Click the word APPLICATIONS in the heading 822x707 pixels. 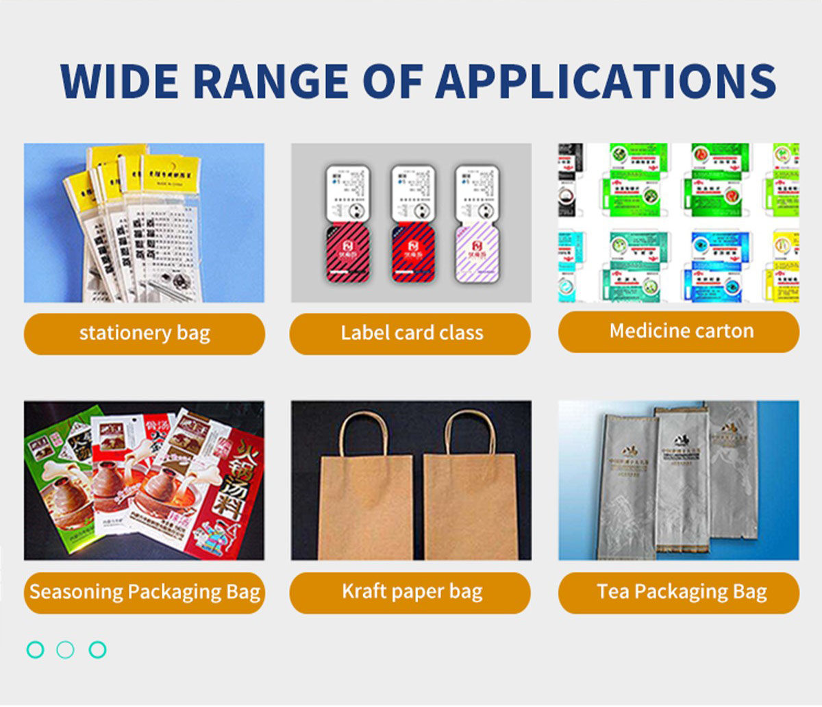[x=606, y=82]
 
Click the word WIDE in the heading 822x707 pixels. [x=121, y=82]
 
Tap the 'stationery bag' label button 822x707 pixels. [x=145, y=334]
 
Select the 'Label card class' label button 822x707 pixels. [x=410, y=334]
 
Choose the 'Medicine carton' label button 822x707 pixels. [x=679, y=332]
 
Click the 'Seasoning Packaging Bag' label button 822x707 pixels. [x=145, y=593]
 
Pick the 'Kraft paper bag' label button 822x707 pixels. [x=410, y=593]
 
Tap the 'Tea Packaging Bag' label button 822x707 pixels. [x=679, y=593]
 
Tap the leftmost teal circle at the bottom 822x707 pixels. [x=35, y=649]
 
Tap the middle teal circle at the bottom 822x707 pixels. [x=66, y=649]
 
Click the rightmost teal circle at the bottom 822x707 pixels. [x=98, y=649]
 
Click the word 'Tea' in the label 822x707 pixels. [x=612, y=592]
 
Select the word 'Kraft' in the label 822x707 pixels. [x=364, y=592]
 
